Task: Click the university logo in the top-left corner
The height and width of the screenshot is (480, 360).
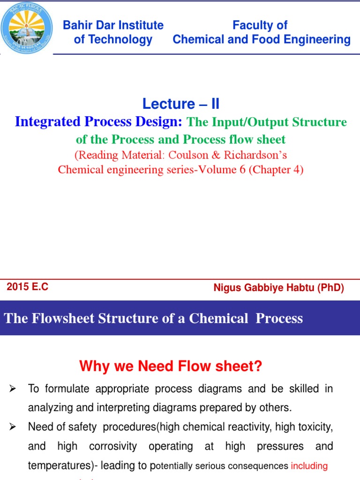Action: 28,28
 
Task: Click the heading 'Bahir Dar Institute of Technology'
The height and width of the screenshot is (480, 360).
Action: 113,32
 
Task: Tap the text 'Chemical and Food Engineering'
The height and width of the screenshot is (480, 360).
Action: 261,40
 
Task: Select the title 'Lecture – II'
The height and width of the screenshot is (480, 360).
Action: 180,104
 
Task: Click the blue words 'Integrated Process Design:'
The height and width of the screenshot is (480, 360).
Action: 98,122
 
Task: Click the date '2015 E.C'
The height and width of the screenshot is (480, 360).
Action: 27,287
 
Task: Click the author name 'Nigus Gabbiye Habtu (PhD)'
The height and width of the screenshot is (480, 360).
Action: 278,288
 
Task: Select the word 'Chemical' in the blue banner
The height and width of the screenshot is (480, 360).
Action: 218,318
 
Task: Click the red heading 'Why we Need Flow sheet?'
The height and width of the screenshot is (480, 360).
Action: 171,366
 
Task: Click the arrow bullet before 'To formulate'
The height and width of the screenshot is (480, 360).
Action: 13,389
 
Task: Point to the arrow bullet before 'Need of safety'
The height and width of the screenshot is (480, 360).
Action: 13,427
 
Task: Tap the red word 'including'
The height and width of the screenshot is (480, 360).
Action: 309,466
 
